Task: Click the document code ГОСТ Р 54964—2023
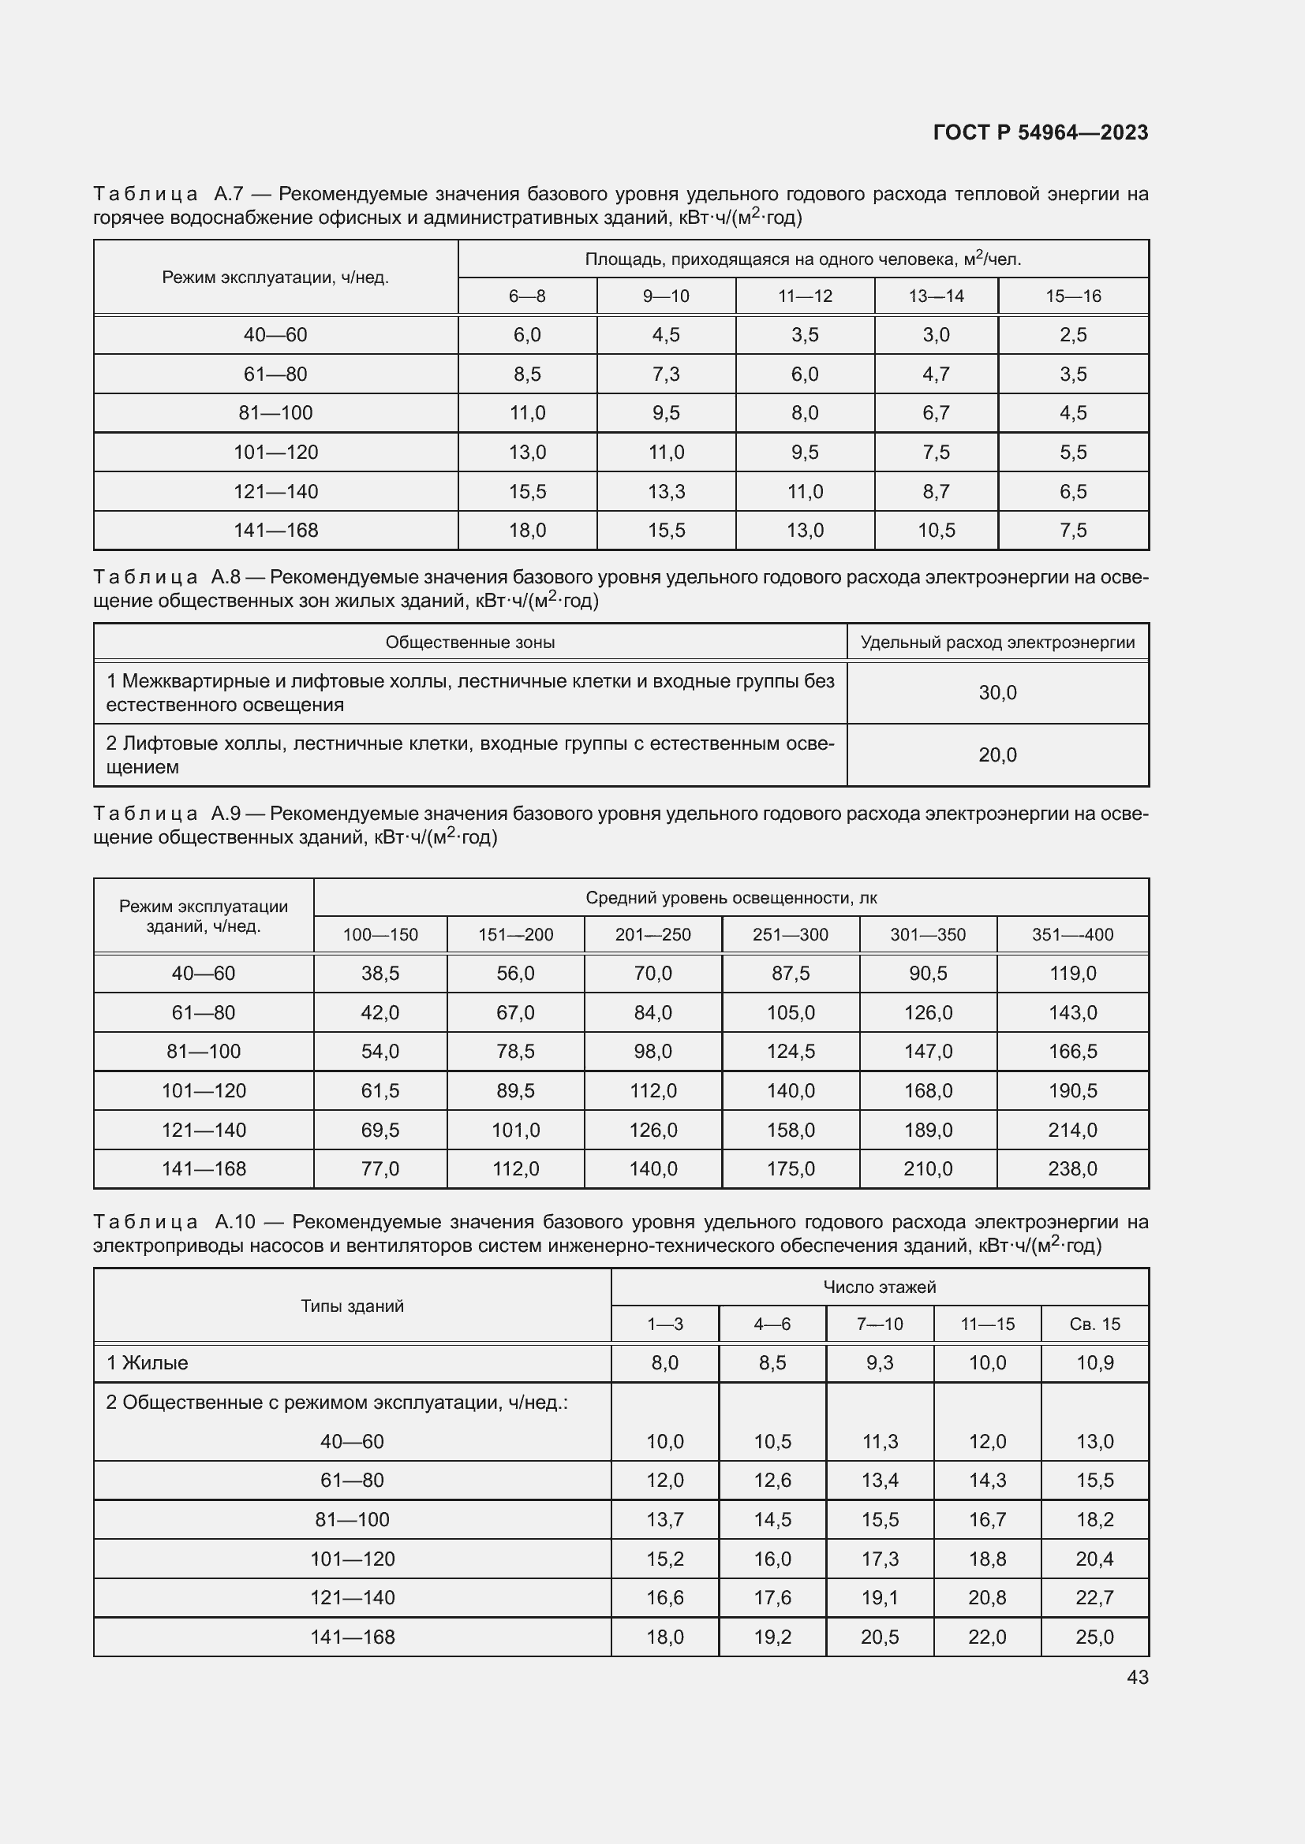pyautogui.click(x=1040, y=132)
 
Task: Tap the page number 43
pyautogui.click(x=1137, y=1677)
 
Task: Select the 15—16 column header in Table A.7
pyautogui.click(x=1073, y=296)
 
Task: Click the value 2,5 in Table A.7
pyautogui.click(x=1073, y=335)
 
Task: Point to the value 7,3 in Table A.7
pyautogui.click(x=666, y=374)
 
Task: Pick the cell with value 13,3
pyautogui.click(x=666, y=491)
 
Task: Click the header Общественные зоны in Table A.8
pyautogui.click(x=470, y=643)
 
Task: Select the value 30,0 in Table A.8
pyautogui.click(x=997, y=692)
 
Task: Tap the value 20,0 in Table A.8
pyautogui.click(x=997, y=755)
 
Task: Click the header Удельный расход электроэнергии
pyautogui.click(x=997, y=643)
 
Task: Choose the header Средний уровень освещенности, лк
pyautogui.click(x=731, y=898)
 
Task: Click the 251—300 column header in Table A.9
pyautogui.click(x=790, y=935)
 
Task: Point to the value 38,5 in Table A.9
pyautogui.click(x=380, y=974)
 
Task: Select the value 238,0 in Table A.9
pyautogui.click(x=1072, y=1168)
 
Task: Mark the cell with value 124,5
pyautogui.click(x=790, y=1052)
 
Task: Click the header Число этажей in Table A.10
pyautogui.click(x=879, y=1287)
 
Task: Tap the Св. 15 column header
pyautogui.click(x=1094, y=1324)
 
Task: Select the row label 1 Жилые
pyautogui.click(x=147, y=1363)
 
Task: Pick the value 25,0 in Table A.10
pyautogui.click(x=1094, y=1637)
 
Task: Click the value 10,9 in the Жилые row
pyautogui.click(x=1094, y=1363)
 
